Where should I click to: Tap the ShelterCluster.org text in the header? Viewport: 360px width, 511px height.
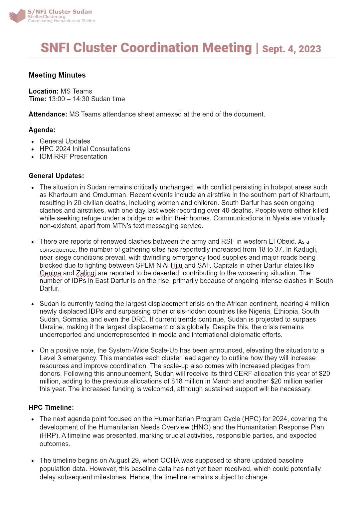click(x=47, y=17)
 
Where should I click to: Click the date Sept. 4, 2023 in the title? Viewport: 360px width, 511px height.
click(x=291, y=49)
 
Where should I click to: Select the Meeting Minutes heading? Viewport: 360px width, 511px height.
click(x=57, y=75)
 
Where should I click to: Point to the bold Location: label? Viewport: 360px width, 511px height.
click(x=44, y=91)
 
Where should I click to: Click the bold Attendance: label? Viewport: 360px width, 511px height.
click(x=48, y=114)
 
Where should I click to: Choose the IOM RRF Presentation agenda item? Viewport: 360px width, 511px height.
click(x=73, y=156)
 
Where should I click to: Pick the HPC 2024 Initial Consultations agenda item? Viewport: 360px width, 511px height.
click(x=85, y=149)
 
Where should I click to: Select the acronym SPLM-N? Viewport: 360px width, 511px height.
click(x=148, y=265)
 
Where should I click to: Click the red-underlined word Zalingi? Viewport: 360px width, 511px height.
click(x=86, y=273)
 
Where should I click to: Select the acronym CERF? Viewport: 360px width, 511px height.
click(x=243, y=374)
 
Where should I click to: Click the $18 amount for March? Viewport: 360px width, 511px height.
click(x=177, y=381)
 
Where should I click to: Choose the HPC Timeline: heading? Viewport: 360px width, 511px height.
click(x=51, y=407)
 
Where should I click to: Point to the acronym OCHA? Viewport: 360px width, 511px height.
click(x=170, y=460)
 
